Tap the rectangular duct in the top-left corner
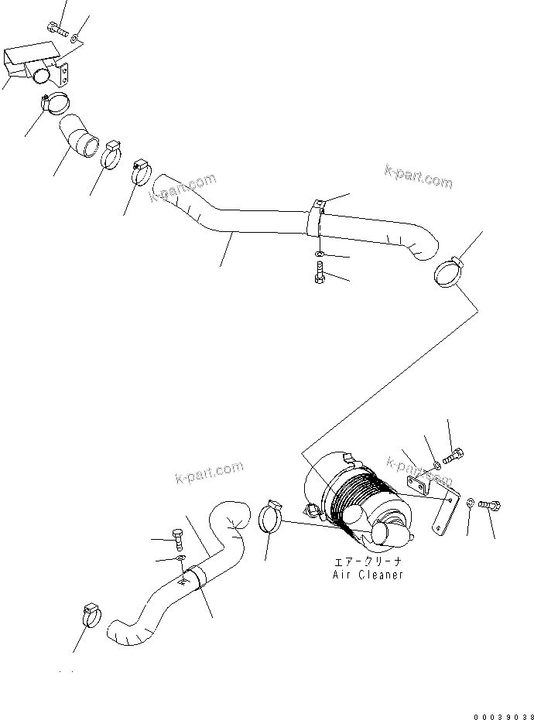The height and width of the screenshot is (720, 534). pyautogui.click(x=31, y=66)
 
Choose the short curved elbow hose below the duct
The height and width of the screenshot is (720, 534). pyautogui.click(x=79, y=136)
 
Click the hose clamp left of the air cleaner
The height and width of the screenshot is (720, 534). pyautogui.click(x=268, y=516)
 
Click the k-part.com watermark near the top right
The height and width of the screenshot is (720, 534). pyautogui.click(x=418, y=177)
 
